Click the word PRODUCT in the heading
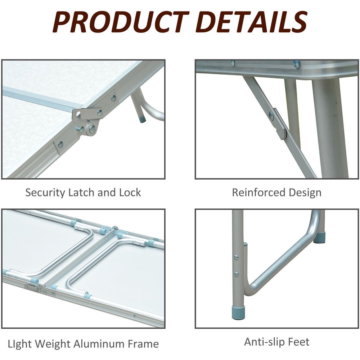[x=121, y=22]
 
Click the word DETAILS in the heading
[x=252, y=22]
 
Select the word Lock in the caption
[x=130, y=192]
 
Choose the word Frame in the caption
[x=143, y=344]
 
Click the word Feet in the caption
[x=298, y=342]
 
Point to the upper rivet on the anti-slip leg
[x=236, y=258]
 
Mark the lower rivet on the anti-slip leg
[x=236, y=274]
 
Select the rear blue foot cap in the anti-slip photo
[x=319, y=237]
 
